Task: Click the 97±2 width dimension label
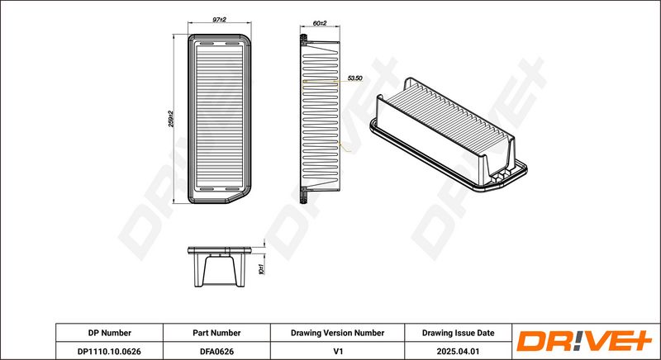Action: [219, 20]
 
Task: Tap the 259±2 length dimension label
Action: [171, 119]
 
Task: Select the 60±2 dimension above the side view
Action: [320, 24]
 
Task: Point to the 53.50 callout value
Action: [354, 78]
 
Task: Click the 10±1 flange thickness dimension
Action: [261, 269]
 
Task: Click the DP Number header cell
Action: [110, 333]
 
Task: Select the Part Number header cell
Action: [216, 333]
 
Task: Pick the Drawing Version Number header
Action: [337, 333]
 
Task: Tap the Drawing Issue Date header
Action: [459, 333]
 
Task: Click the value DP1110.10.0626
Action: [110, 351]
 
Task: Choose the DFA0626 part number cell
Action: [216, 351]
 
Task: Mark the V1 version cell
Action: [337, 351]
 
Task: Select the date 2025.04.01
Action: [459, 351]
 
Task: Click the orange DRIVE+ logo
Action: [584, 341]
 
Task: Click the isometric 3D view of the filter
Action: [449, 135]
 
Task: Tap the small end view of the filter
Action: [219, 267]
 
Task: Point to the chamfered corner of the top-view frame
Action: [239, 197]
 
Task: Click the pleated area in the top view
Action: [219, 117]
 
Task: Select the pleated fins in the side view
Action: [321, 116]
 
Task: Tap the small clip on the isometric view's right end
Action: [502, 176]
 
